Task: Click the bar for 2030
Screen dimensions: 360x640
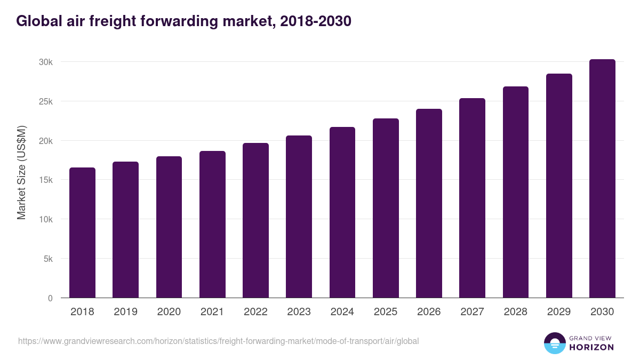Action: (602, 179)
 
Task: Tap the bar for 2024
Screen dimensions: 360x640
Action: (342, 212)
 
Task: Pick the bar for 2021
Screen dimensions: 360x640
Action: (212, 225)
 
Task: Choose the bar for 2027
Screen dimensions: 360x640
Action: (472, 198)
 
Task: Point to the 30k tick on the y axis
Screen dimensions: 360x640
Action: (45, 62)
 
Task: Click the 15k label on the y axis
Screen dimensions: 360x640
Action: (45, 180)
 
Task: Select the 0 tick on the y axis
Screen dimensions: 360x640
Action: (50, 298)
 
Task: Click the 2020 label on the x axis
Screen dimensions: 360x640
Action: (169, 312)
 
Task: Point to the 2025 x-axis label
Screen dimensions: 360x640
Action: (386, 312)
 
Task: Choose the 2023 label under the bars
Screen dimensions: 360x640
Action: (299, 312)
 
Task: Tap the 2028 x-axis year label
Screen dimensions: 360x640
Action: (516, 312)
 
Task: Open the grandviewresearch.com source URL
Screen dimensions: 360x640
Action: (218, 341)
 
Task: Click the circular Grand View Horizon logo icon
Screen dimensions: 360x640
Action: (554, 343)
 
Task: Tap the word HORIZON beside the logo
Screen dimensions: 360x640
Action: (591, 347)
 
